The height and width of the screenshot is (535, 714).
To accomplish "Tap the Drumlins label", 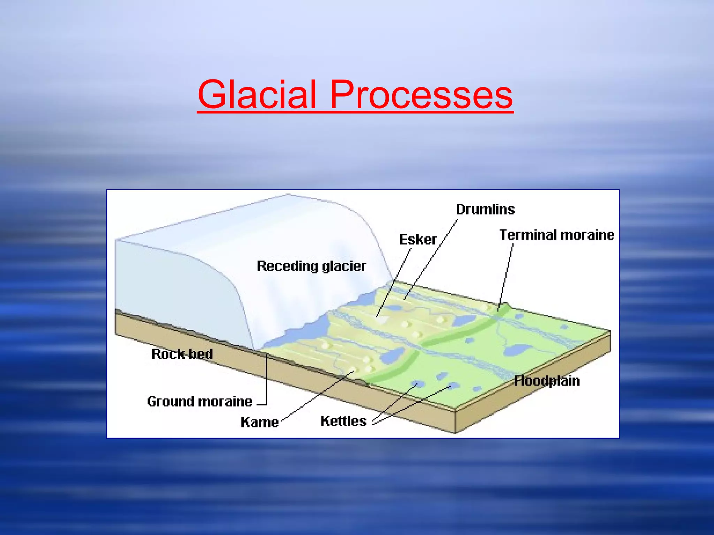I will point(485,209).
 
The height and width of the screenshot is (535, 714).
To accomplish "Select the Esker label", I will point(418,240).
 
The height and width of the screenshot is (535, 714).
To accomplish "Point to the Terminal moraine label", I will point(556,235).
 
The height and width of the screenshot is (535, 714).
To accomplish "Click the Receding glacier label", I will point(311,266).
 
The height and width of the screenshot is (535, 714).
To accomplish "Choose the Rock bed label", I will point(182,354).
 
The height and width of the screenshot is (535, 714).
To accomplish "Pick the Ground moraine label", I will point(199,402).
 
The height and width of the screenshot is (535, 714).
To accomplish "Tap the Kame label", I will point(260,422).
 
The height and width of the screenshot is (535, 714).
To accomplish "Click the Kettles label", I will point(343,421).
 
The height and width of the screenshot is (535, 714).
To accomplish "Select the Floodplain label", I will point(547,381).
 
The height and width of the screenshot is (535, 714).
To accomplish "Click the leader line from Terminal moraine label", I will point(506,275).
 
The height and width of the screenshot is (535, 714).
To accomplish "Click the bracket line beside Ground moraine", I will point(266,380).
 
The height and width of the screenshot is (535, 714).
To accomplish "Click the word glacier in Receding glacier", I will point(344,266).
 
